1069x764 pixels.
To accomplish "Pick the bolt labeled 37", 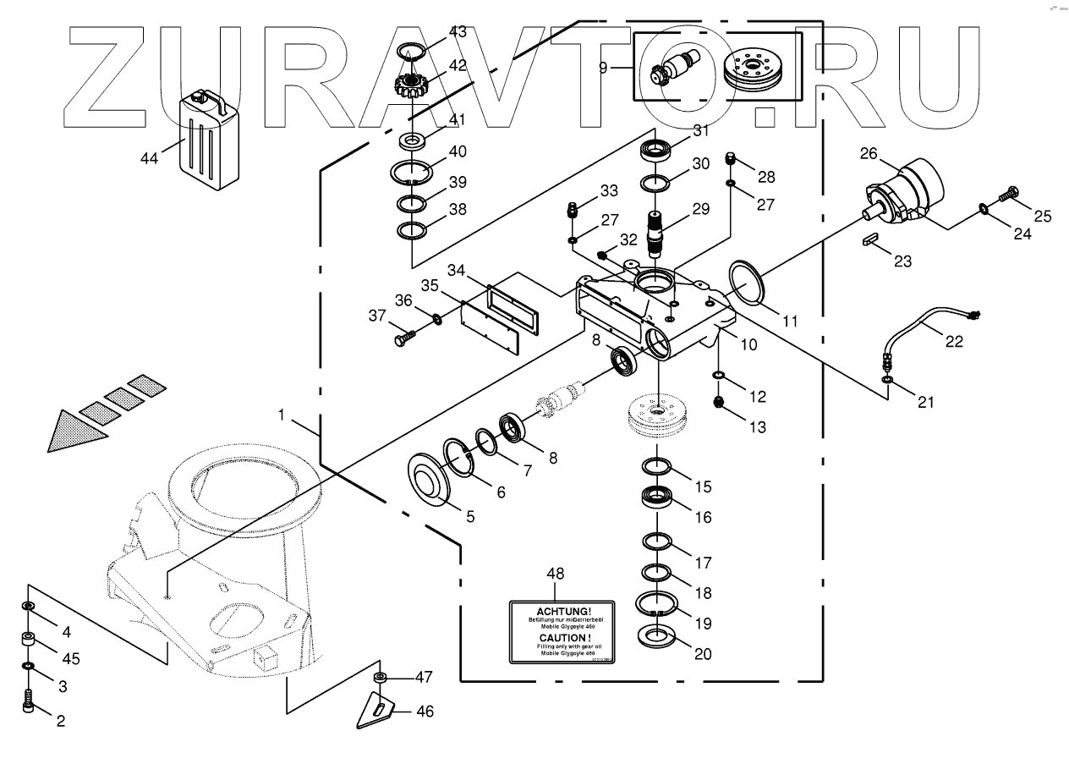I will point(403,338).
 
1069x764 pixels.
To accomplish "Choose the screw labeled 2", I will point(29,701).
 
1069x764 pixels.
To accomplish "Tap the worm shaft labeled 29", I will point(657,231).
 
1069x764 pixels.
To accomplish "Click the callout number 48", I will point(555,574).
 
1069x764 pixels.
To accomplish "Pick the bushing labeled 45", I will point(30,640).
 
